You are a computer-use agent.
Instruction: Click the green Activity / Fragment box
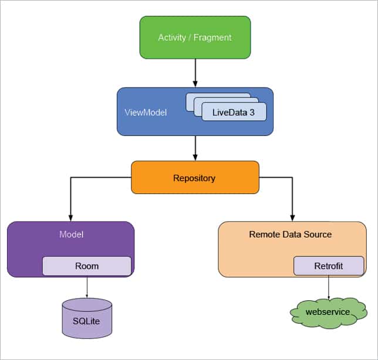click(195, 37)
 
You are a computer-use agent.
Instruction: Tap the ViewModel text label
click(146, 112)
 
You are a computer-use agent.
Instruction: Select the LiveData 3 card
click(234, 112)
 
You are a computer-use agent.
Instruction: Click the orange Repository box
click(194, 178)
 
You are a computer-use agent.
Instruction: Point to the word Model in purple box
click(71, 235)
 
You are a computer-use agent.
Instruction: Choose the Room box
click(87, 266)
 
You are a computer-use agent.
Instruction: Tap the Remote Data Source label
click(290, 235)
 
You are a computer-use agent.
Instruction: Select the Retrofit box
click(328, 266)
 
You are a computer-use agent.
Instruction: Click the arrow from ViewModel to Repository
click(195, 148)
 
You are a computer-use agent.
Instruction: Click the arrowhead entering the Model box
click(70, 218)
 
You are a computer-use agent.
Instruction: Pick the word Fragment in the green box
click(214, 38)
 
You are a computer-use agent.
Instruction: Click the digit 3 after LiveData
click(252, 112)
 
